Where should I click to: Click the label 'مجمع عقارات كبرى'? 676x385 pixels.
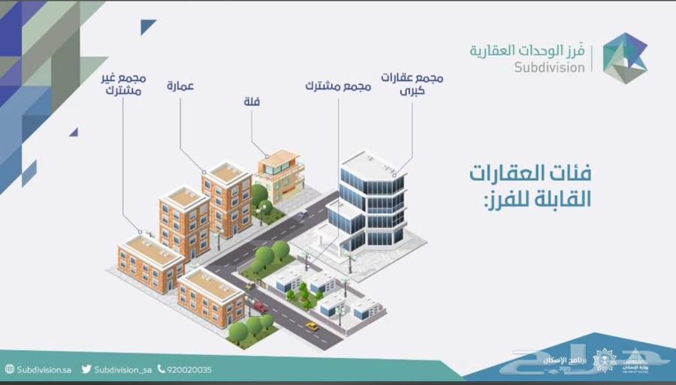click(x=412, y=84)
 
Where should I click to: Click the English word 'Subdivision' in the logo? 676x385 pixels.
click(x=550, y=67)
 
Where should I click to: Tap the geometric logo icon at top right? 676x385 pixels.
click(x=624, y=58)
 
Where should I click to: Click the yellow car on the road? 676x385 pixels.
click(x=312, y=326)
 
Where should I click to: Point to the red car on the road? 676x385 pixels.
click(x=260, y=306)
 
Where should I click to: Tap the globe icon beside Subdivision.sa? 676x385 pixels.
click(x=10, y=369)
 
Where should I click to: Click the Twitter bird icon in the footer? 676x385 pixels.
click(x=86, y=369)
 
